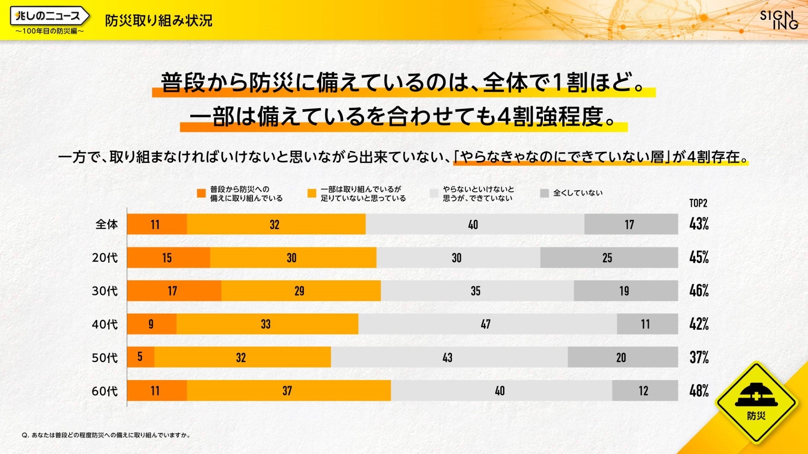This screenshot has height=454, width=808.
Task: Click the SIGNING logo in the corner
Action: (779, 20)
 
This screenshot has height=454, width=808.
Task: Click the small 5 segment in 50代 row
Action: (141, 357)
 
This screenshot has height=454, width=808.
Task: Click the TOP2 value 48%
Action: (699, 391)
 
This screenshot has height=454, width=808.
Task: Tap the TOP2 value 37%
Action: (699, 358)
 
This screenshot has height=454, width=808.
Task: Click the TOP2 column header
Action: (698, 203)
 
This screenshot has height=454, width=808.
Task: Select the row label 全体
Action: (106, 224)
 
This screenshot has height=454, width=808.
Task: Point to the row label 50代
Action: (105, 358)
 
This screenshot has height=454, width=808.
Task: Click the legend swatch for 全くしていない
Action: (545, 193)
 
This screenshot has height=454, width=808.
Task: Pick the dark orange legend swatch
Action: (201, 193)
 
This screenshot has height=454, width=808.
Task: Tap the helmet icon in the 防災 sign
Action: (756, 396)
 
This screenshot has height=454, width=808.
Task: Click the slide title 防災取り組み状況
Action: (158, 20)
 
